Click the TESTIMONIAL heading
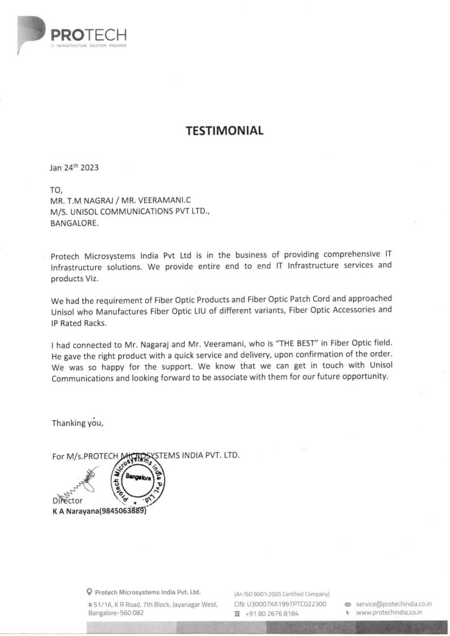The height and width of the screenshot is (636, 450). click(225, 130)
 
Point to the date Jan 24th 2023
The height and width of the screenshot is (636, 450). click(74, 167)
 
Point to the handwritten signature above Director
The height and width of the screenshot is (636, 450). click(74, 487)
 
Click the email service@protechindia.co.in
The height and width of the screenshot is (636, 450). click(394, 604)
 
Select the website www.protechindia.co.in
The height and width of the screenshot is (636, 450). click(389, 613)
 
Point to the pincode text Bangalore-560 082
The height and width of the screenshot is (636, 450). click(116, 613)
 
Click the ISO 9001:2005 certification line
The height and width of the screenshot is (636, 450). click(281, 593)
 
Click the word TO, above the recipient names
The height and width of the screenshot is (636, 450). click(57, 189)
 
